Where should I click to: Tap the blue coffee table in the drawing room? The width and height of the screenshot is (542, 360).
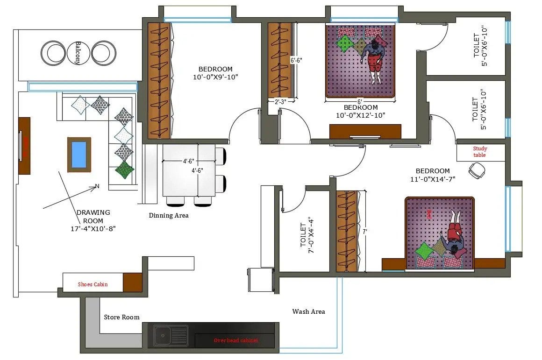coord(79,154)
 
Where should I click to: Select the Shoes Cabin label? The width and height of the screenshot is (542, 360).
coord(93,284)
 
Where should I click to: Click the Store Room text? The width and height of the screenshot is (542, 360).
coord(121,317)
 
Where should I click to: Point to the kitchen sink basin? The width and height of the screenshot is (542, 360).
coord(163,334)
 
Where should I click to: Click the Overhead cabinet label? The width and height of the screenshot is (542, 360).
coord(235,340)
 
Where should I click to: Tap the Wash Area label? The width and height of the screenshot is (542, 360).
coord(308,311)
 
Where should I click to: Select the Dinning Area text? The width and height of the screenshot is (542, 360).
coord(169,215)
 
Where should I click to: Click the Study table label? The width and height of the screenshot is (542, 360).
coord(479,152)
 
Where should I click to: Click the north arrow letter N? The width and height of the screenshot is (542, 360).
coord(97,186)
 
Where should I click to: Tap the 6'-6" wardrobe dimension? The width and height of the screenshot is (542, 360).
coord(296,60)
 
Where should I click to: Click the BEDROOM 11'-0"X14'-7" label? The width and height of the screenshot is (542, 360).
coord(433,175)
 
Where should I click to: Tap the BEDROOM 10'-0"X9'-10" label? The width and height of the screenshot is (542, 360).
coord(215,73)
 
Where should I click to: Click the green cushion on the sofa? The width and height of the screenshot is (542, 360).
coord(124,170)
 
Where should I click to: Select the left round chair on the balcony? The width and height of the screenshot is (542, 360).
coord(53,53)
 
